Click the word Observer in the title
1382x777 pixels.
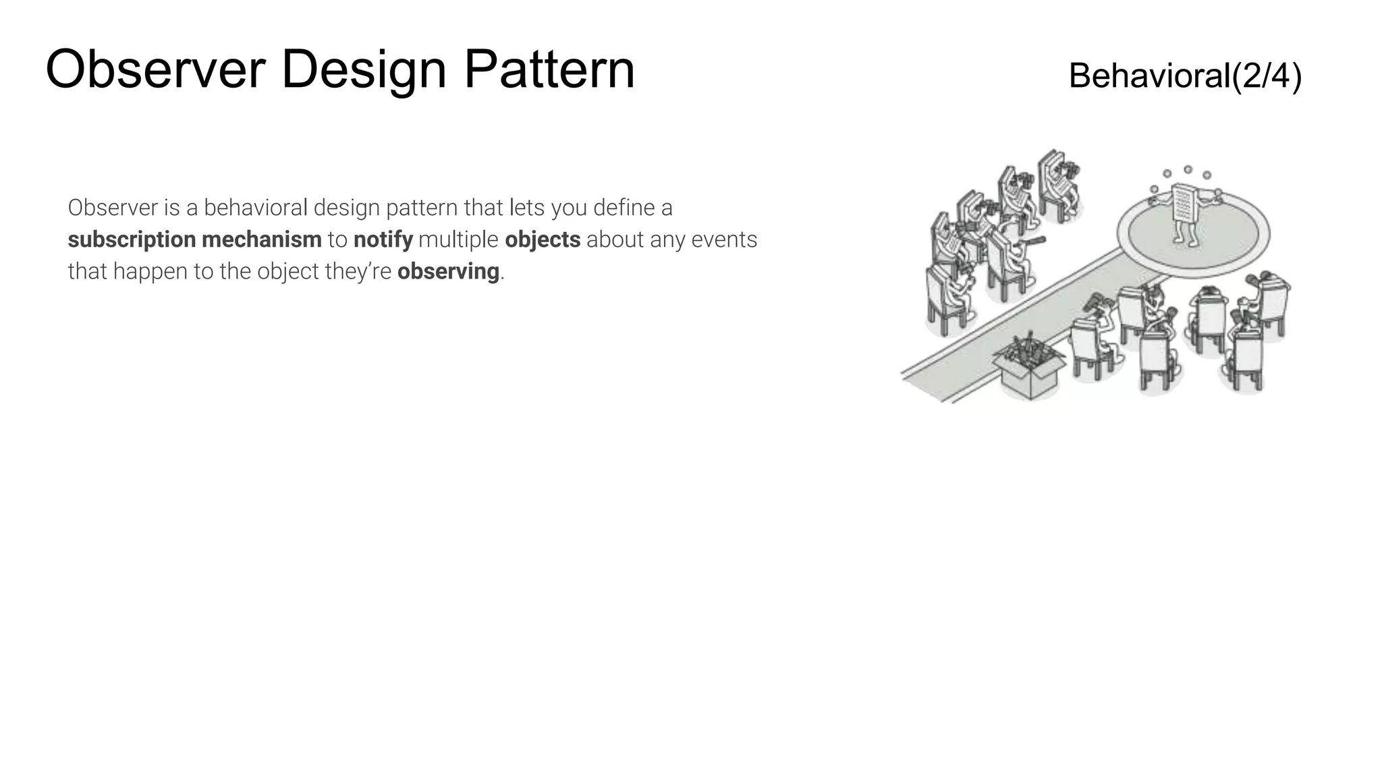[x=155, y=69]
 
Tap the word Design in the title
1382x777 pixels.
[x=363, y=69]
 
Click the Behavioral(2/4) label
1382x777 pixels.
[x=1185, y=76]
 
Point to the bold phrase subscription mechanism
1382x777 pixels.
[x=194, y=239]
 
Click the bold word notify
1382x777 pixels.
[x=383, y=239]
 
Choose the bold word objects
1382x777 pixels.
[x=542, y=239]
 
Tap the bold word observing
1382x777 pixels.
[x=448, y=271]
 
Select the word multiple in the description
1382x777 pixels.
[x=458, y=239]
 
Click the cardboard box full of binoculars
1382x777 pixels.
[x=1028, y=368]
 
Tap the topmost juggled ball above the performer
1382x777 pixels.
[x=1188, y=169]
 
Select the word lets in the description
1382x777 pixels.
[x=527, y=208]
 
